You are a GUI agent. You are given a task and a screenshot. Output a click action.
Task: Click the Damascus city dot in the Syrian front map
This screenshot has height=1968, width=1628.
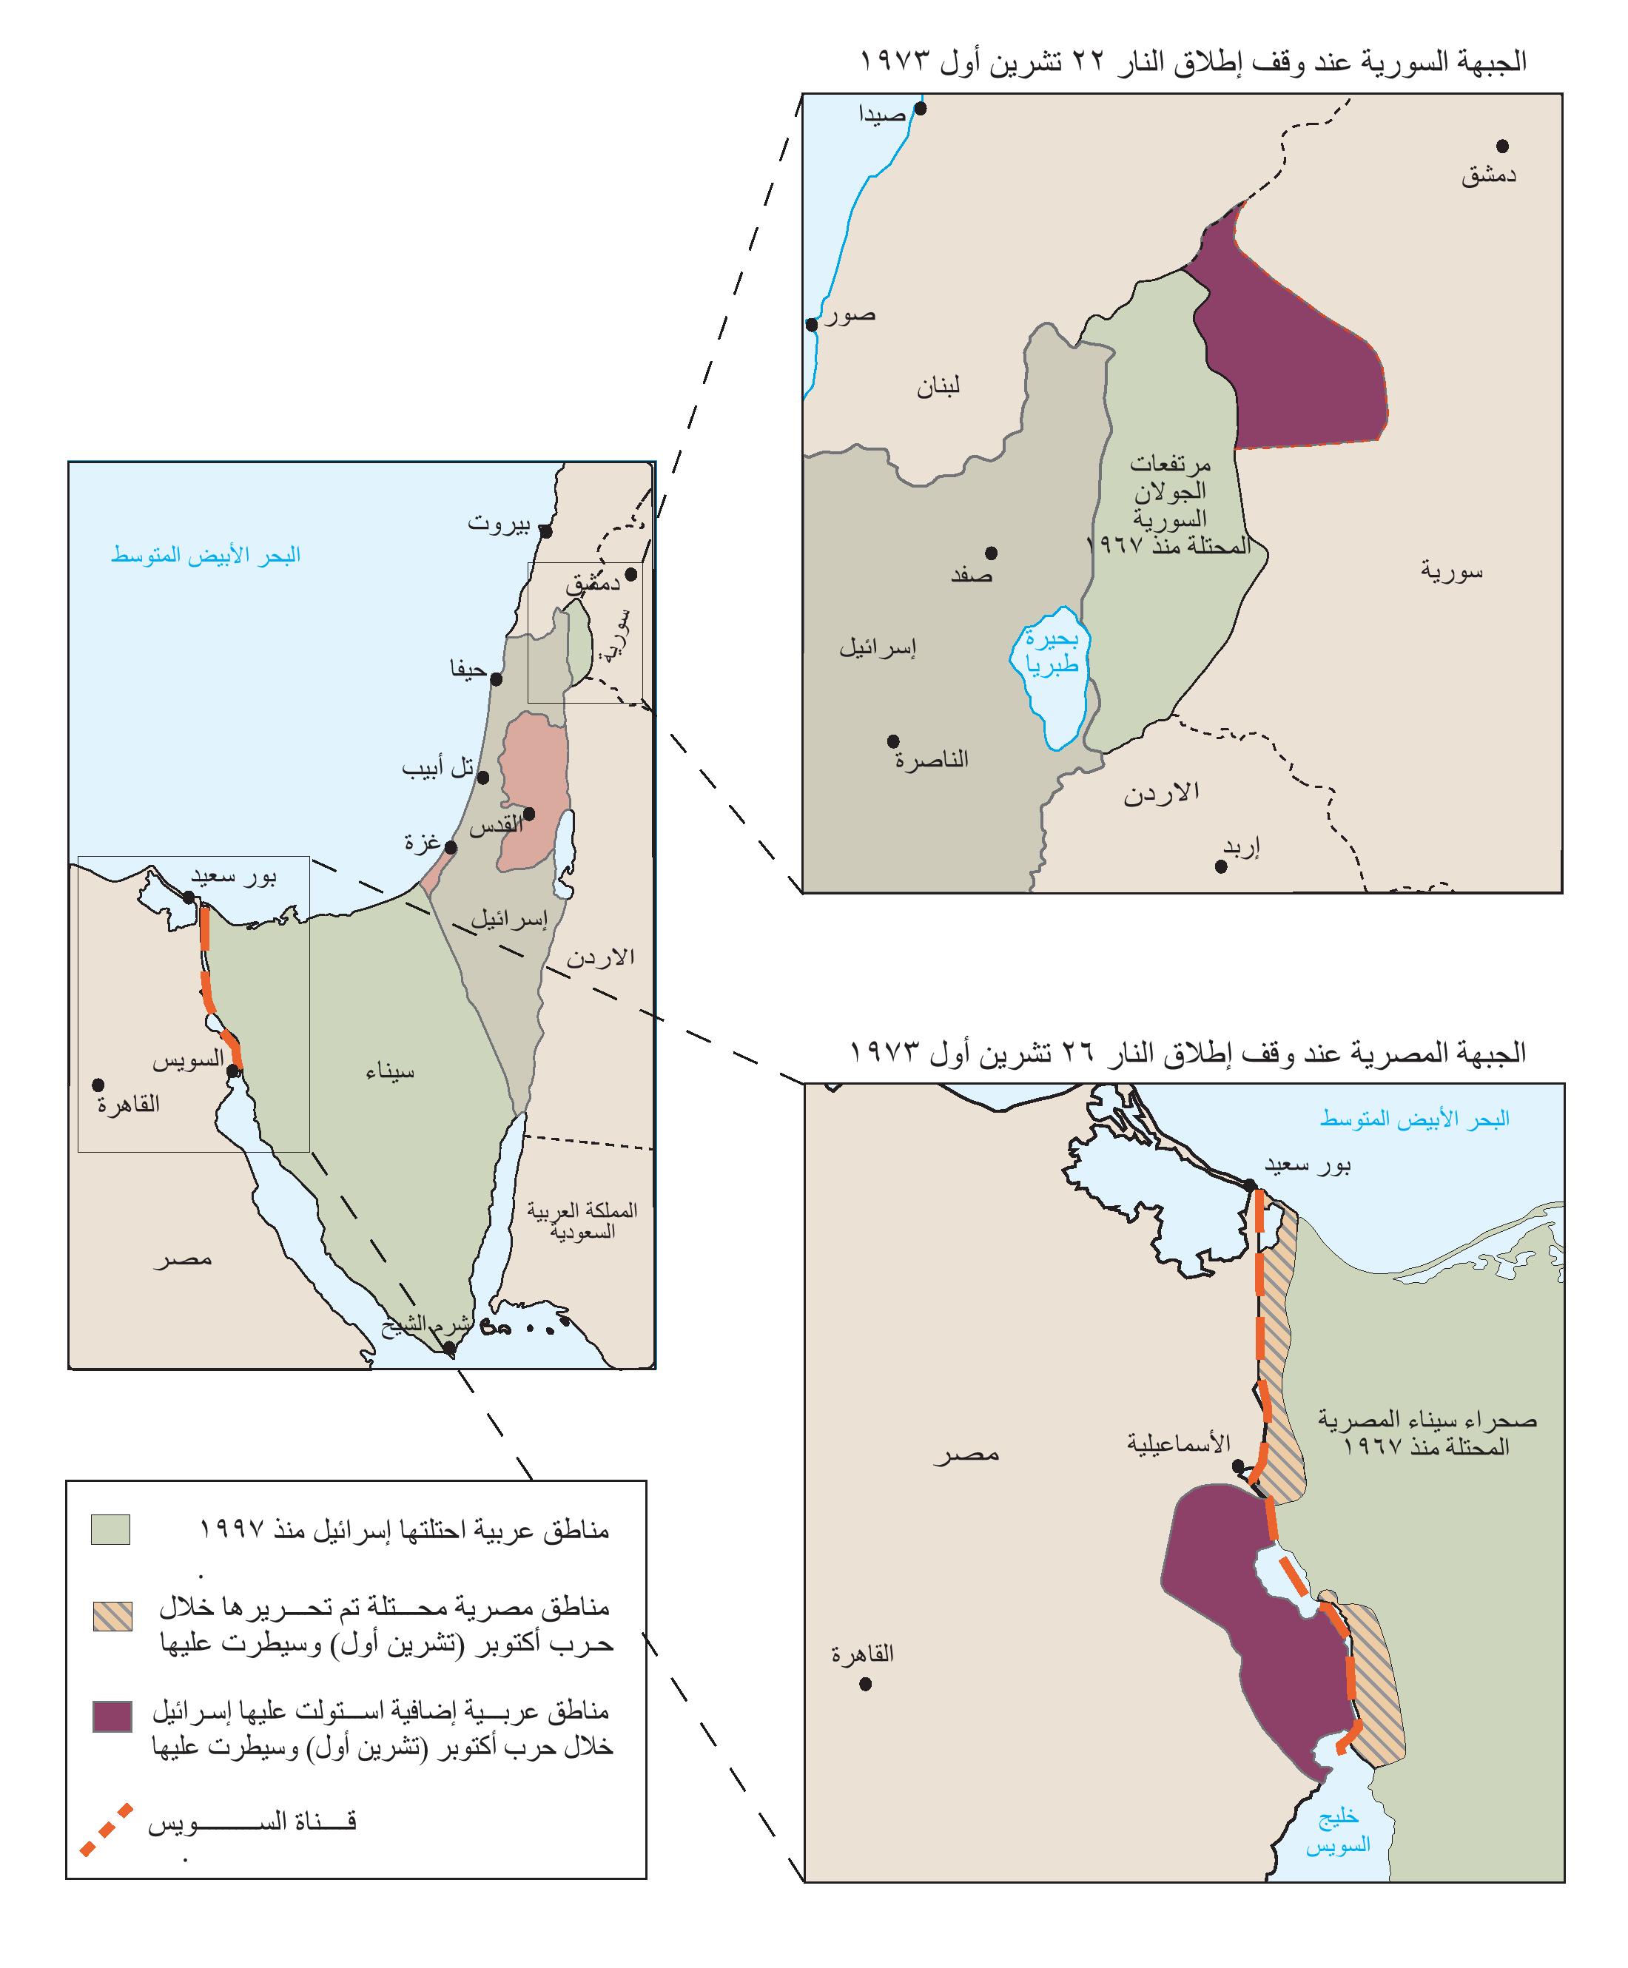(1501, 146)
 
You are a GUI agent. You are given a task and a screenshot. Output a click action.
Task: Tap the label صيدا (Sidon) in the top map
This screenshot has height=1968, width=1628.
(882, 115)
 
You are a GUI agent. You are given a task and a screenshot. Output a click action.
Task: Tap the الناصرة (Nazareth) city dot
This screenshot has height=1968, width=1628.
(893, 741)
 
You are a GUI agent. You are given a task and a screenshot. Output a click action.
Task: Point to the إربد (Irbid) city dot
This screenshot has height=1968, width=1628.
(1220, 867)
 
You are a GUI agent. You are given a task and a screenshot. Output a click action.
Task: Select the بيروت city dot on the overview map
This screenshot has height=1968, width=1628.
(545, 531)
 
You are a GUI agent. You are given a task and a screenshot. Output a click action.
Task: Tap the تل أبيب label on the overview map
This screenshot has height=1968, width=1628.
(437, 769)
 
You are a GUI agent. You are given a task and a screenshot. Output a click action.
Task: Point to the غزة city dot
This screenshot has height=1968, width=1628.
(451, 848)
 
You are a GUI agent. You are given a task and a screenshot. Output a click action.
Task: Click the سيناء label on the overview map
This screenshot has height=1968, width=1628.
(390, 1072)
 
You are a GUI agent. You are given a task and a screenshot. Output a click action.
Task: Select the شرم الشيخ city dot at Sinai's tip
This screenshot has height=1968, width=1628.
(450, 1349)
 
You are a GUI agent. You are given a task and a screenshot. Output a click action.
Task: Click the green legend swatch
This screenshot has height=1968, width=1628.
(110, 1529)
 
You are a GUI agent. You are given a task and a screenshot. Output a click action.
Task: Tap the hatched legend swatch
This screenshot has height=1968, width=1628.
(112, 1617)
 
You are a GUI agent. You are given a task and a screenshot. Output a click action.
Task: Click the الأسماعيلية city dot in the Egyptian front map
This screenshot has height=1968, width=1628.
(1238, 1465)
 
